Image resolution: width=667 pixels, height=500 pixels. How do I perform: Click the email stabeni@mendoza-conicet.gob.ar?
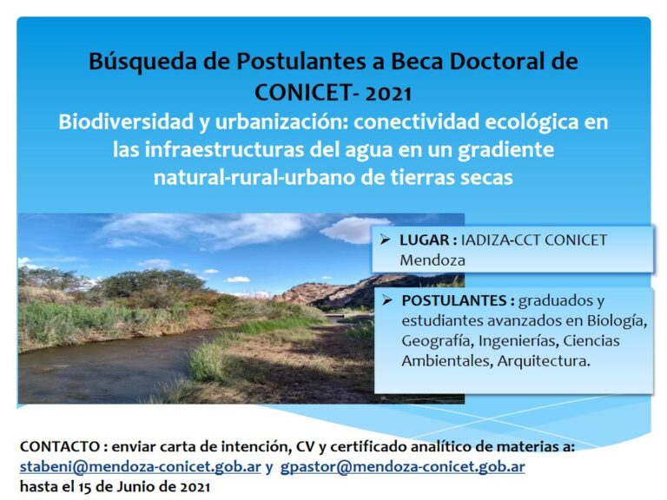[141, 467]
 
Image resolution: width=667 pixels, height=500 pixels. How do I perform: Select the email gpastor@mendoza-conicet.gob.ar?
[402, 467]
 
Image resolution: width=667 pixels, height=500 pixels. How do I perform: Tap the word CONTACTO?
[60, 446]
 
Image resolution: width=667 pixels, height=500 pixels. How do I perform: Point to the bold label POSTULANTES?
[454, 300]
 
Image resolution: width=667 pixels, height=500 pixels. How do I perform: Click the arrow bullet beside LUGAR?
[386, 240]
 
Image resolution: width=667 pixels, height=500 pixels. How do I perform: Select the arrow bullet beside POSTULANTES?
[387, 300]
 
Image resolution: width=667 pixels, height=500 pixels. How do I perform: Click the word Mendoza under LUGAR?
[433, 260]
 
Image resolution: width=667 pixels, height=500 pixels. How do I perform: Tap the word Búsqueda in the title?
[143, 62]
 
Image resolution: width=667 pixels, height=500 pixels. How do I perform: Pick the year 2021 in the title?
[388, 93]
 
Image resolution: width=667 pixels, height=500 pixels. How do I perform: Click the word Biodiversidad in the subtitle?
[126, 122]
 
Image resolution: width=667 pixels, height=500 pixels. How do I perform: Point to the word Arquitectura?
[544, 361]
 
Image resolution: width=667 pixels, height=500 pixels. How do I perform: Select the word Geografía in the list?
[437, 341]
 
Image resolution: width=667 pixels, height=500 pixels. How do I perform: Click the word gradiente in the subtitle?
[505, 150]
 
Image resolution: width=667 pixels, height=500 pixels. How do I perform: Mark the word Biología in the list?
[617, 320]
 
